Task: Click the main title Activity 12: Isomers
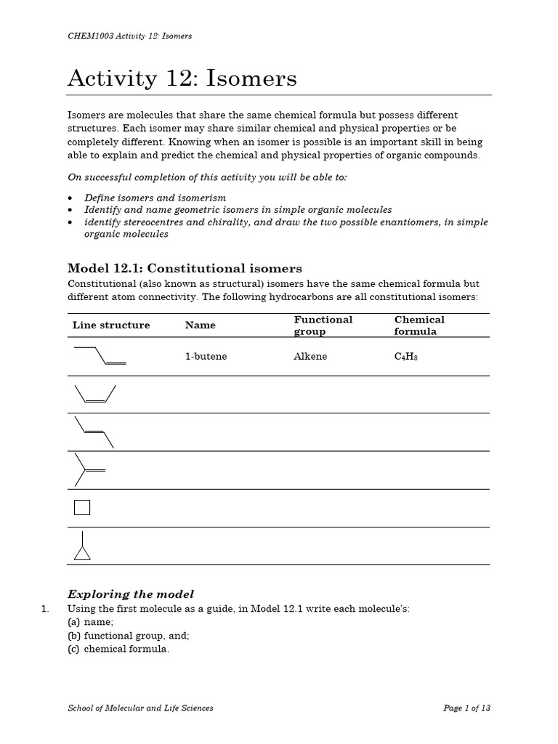[182, 78]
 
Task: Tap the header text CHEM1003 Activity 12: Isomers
[129, 36]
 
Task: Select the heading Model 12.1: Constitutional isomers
[185, 268]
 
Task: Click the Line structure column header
[111, 325]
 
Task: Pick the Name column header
[201, 325]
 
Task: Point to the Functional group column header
[323, 325]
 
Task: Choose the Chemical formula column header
[419, 325]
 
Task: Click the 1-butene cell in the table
[206, 357]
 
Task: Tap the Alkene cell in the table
[310, 357]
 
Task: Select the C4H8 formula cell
[406, 357]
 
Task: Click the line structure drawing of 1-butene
[100, 355]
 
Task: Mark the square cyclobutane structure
[82, 507]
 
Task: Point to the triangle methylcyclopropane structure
[83, 546]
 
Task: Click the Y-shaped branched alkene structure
[89, 469]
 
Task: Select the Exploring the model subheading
[131, 594]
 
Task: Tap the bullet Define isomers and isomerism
[155, 198]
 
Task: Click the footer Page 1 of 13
[467, 708]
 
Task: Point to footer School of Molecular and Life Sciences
[140, 708]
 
